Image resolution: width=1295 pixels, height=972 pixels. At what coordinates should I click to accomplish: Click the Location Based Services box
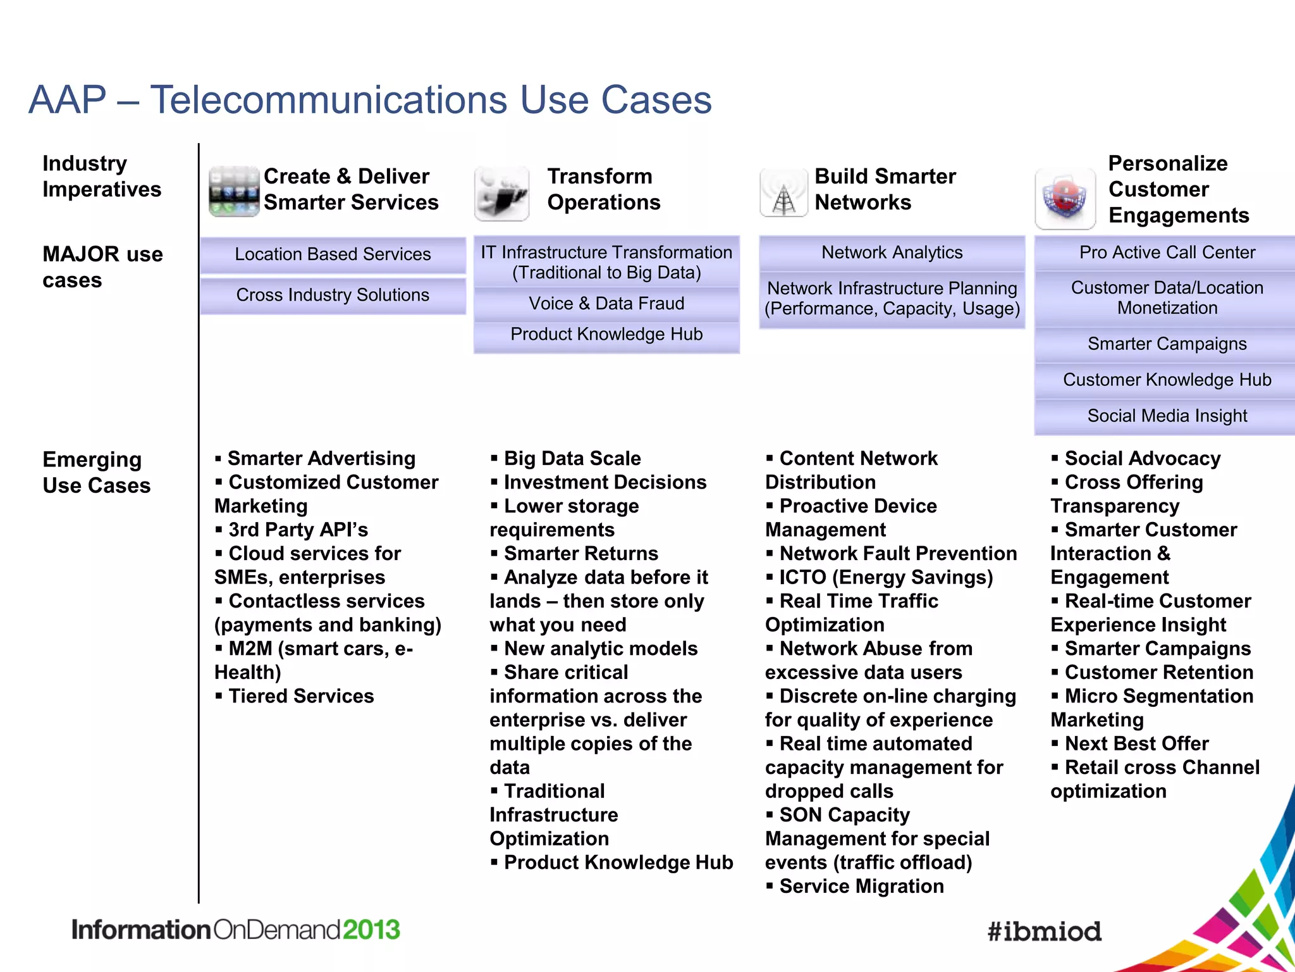click(x=333, y=254)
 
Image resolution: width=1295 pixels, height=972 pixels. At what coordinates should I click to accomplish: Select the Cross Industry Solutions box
click(x=333, y=295)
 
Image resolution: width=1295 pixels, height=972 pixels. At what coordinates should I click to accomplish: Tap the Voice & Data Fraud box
click(x=606, y=304)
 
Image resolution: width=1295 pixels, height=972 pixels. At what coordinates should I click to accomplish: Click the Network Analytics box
click(x=892, y=252)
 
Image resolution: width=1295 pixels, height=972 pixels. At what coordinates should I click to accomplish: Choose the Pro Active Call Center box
click(x=1167, y=252)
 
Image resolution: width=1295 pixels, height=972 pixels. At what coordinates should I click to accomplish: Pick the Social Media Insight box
click(x=1167, y=416)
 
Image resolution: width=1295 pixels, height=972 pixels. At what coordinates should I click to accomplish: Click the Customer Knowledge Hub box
click(x=1167, y=380)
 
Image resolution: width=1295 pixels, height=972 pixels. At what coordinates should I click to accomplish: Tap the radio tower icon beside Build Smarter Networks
click(x=783, y=193)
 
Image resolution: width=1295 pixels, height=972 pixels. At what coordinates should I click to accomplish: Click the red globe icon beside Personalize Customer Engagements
click(x=1065, y=198)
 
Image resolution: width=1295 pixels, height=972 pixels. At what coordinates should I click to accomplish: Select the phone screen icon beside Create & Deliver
click(x=234, y=191)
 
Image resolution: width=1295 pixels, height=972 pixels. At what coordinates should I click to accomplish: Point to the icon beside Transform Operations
click(x=501, y=193)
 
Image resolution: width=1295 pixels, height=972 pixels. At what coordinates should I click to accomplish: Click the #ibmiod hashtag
click(x=1044, y=931)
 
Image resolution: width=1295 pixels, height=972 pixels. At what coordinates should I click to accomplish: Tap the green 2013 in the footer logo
click(x=371, y=930)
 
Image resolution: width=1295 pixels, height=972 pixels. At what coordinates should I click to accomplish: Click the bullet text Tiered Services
click(x=301, y=696)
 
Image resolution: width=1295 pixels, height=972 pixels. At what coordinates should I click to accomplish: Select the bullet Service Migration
click(x=861, y=886)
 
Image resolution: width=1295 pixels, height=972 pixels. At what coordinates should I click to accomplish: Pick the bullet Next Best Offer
click(x=1136, y=744)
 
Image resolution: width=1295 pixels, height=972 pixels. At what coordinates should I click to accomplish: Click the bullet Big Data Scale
click(x=572, y=458)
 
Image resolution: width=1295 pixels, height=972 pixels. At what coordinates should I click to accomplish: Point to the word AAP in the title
click(x=68, y=100)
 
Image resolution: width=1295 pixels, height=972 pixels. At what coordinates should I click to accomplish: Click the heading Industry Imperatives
click(x=101, y=177)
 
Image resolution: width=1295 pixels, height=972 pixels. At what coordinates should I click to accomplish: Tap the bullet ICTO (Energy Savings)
click(x=885, y=577)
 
